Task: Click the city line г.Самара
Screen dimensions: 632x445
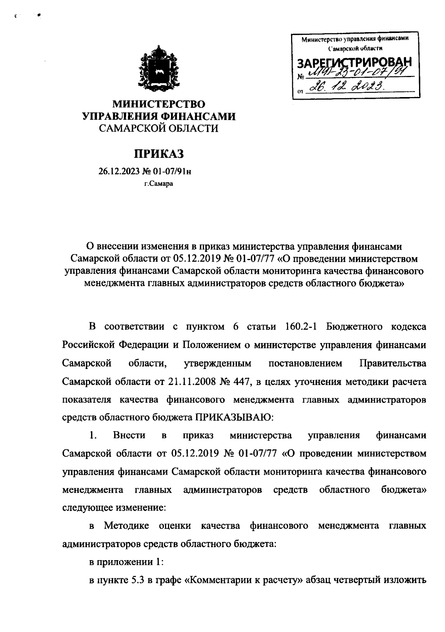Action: coord(159,183)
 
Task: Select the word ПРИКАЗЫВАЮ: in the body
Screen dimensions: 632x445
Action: coord(234,417)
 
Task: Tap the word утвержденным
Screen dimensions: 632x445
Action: coord(218,363)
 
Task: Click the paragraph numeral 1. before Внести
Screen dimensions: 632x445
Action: coord(93,435)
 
